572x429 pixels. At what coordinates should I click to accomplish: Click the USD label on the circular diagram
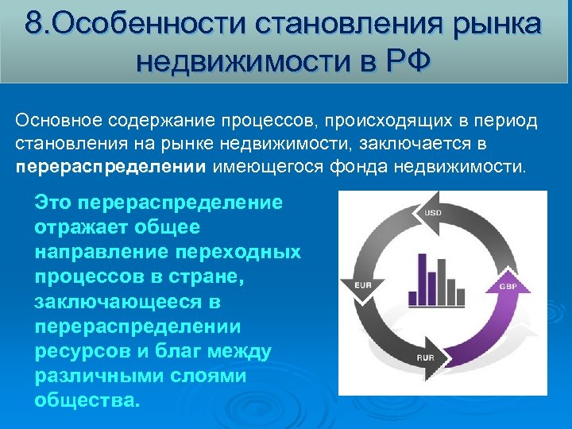tap(434, 214)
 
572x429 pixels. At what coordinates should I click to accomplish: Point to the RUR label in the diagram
tap(426, 357)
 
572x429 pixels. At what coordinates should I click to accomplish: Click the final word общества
tap(87, 400)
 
